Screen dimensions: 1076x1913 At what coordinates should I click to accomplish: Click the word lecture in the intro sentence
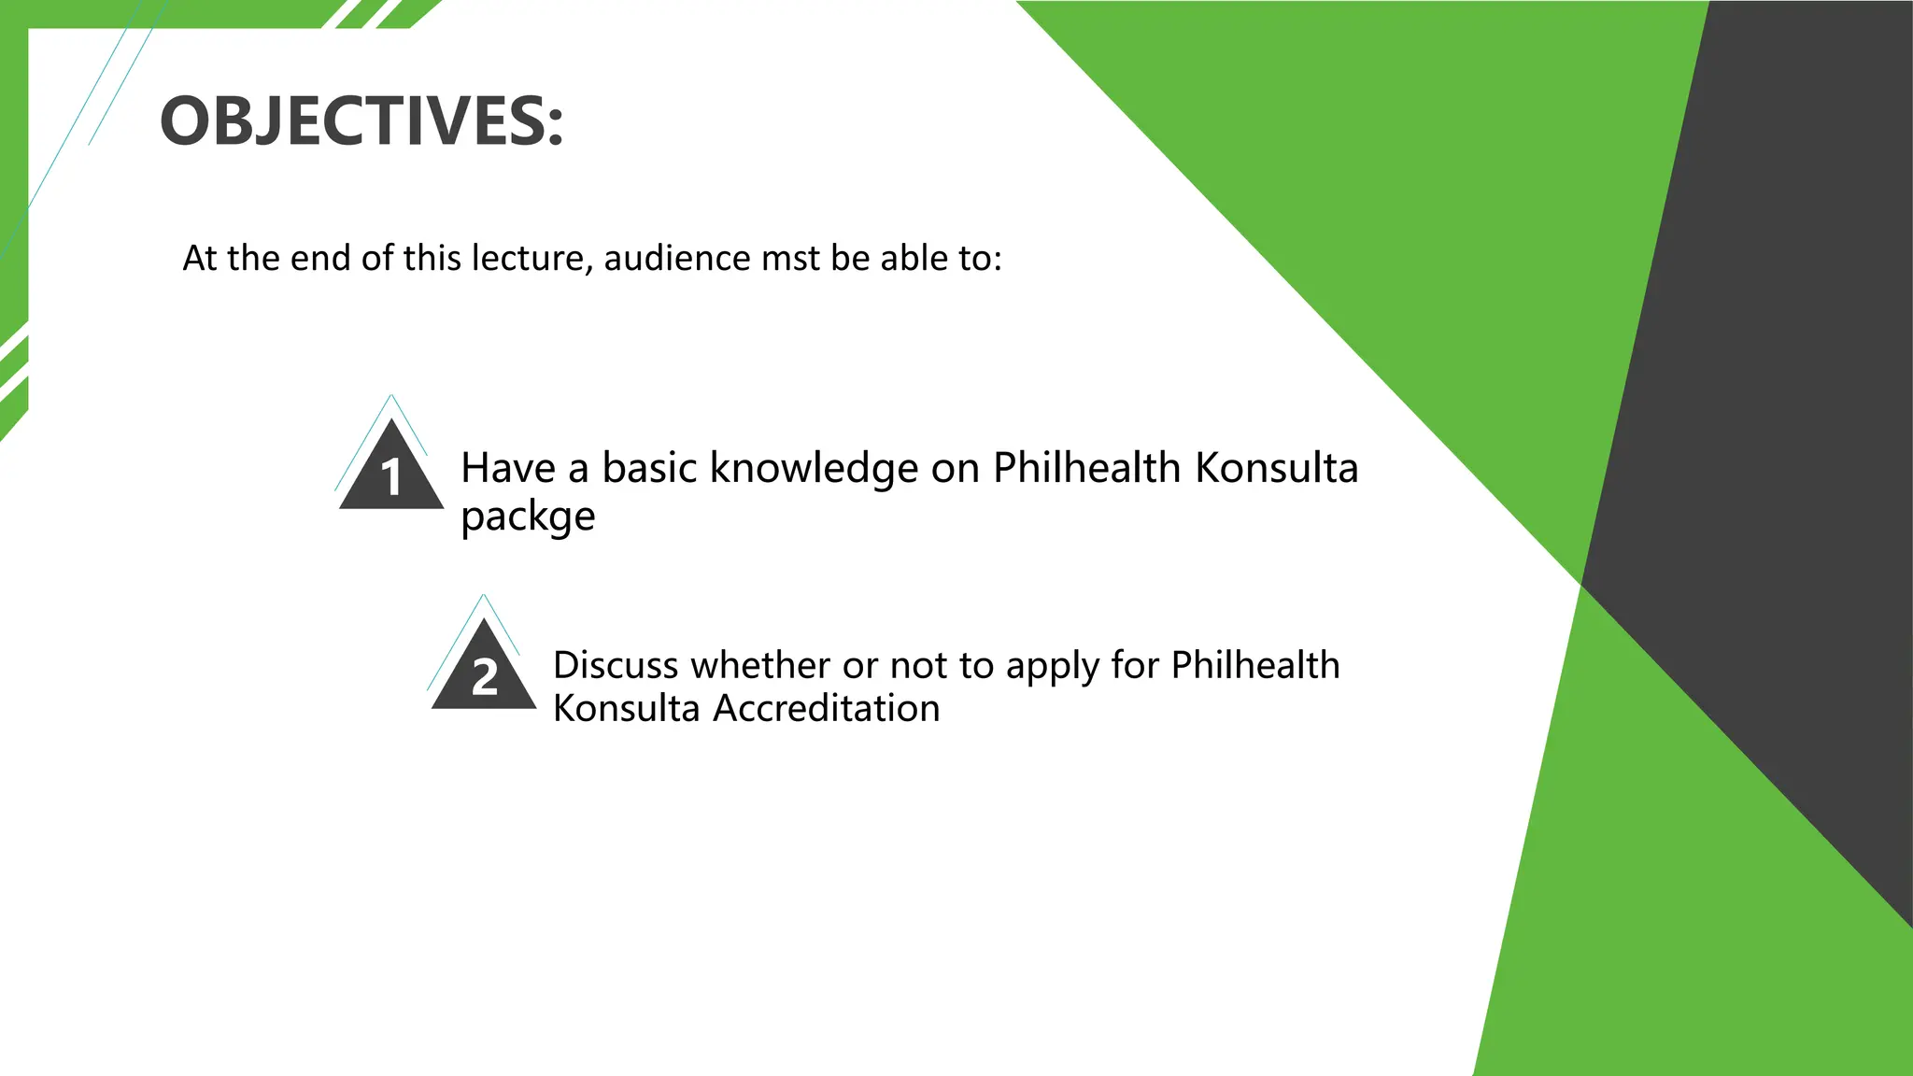tap(531, 259)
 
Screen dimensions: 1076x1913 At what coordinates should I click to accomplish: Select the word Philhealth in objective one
tap(1086, 468)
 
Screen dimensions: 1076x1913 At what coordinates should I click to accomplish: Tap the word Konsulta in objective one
tap(1276, 468)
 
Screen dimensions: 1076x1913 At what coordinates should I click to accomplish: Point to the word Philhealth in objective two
tap(1254, 665)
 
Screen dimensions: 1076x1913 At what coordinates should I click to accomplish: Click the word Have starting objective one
tap(507, 468)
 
